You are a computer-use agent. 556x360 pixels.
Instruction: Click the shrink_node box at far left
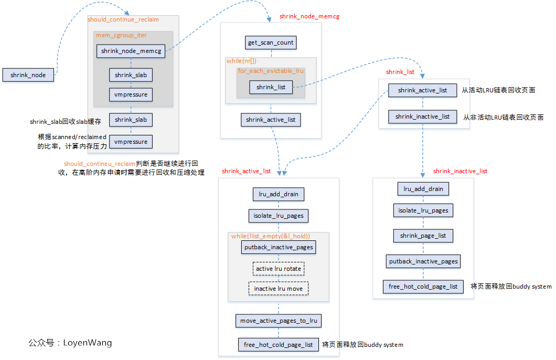pyautogui.click(x=28, y=75)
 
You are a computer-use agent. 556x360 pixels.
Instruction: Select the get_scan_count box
pyautogui.click(x=271, y=43)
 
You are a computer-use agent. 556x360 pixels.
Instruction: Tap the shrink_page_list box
pyautogui.click(x=423, y=236)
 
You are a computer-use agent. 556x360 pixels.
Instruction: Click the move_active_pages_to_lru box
pyautogui.click(x=279, y=321)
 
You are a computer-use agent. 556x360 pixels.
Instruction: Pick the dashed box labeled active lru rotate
pyautogui.click(x=279, y=269)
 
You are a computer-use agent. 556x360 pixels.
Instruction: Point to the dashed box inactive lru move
pyautogui.click(x=279, y=289)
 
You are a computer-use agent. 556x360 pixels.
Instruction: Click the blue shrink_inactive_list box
pyautogui.click(x=422, y=117)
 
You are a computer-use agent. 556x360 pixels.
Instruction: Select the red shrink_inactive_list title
pyautogui.click(x=460, y=171)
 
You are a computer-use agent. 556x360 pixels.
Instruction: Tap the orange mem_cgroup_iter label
pyautogui.click(x=121, y=35)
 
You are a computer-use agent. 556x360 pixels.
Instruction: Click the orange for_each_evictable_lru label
pyautogui.click(x=271, y=70)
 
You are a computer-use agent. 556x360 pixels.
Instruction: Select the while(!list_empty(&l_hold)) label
pyautogui.click(x=271, y=236)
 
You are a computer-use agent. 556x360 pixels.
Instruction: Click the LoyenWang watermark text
pyautogui.click(x=70, y=343)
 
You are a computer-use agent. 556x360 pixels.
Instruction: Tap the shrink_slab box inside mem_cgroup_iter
pyautogui.click(x=131, y=75)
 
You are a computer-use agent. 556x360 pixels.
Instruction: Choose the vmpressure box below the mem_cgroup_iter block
pyautogui.click(x=131, y=142)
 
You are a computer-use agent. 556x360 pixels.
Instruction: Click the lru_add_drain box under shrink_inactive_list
pyautogui.click(x=423, y=189)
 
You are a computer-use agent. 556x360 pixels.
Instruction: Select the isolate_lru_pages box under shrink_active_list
pyautogui.click(x=278, y=215)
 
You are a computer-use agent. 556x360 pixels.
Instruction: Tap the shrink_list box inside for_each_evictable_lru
pyautogui.click(x=271, y=87)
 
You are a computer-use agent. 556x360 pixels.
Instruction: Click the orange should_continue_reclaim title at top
pyautogui.click(x=123, y=19)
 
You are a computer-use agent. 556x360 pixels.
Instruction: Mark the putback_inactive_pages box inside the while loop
pyautogui.click(x=279, y=247)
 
